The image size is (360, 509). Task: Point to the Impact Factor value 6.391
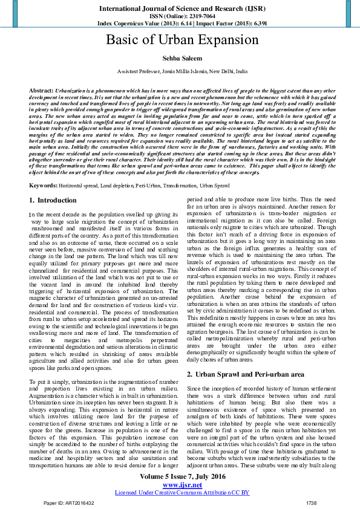258,23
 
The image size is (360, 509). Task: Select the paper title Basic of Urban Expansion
182,41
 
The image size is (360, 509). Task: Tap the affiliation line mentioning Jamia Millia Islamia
182,71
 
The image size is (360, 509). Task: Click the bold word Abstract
41,89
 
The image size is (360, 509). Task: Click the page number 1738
311,502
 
